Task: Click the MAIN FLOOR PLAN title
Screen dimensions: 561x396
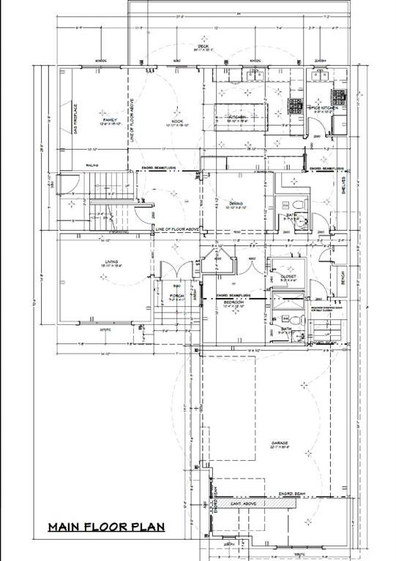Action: (106, 527)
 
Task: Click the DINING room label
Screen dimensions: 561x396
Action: (236, 204)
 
